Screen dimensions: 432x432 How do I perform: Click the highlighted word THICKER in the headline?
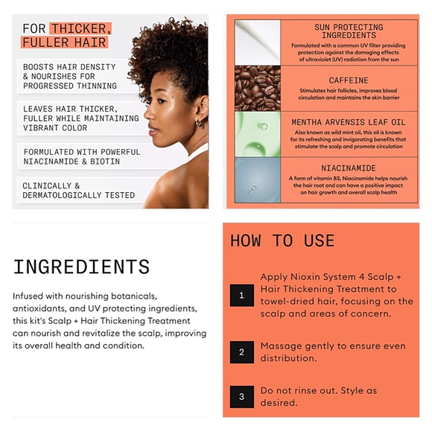(81, 28)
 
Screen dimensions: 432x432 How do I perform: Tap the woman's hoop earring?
(199, 123)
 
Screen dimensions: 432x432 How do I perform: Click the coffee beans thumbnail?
(258, 88)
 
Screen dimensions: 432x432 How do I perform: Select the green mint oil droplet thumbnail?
(258, 134)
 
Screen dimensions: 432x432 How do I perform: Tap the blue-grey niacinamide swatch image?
(258, 180)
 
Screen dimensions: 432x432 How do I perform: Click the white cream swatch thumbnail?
(258, 42)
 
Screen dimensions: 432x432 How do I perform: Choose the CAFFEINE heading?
(349, 80)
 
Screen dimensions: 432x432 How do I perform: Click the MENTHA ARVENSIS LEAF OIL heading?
(349, 122)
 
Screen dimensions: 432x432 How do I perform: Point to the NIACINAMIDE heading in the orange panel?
(349, 168)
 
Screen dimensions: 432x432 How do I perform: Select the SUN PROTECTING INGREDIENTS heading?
(349, 31)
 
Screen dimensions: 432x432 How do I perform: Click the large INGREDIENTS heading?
(81, 267)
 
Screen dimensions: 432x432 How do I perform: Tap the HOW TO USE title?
(282, 241)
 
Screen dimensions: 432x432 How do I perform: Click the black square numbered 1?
(242, 296)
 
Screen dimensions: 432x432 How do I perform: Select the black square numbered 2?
(242, 352)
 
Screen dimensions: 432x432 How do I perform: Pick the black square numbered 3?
(242, 397)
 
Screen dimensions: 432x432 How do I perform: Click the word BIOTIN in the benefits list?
(105, 162)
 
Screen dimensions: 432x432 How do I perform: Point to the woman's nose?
(148, 112)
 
